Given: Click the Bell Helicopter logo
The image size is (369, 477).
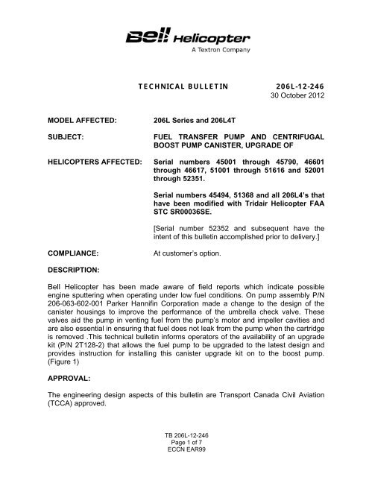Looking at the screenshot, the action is (x=183, y=35).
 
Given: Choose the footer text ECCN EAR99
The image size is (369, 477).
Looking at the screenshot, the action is (x=183, y=467).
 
